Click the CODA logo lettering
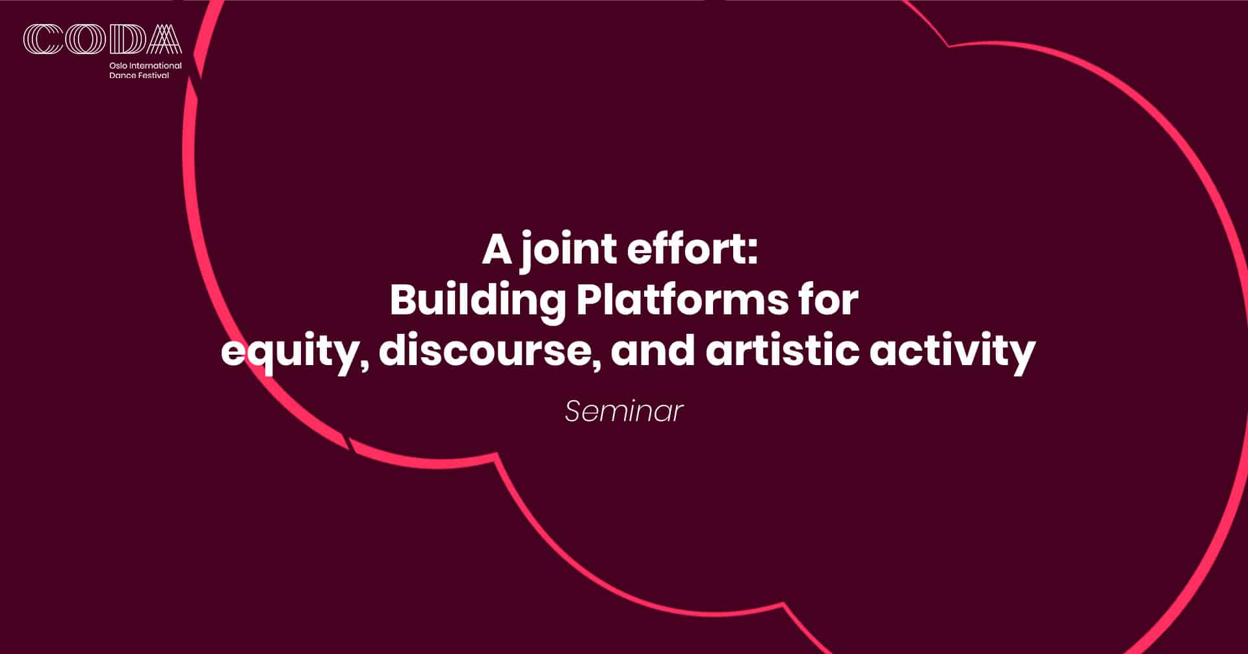coord(103,39)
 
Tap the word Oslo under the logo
coord(118,66)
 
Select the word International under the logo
coord(155,66)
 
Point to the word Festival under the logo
coord(153,75)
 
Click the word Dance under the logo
coord(122,75)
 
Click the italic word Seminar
coord(624,411)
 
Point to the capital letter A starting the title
coord(497,250)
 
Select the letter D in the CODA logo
coord(127,39)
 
